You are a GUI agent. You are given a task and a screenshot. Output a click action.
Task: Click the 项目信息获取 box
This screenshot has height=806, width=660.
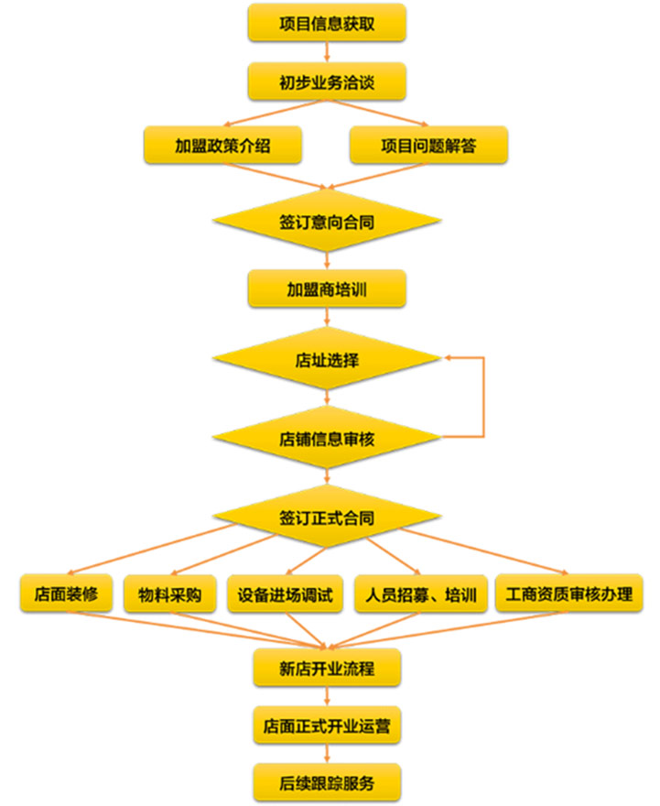pyautogui.click(x=327, y=23)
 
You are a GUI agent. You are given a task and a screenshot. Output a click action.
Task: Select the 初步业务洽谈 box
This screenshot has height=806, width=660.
pyautogui.click(x=327, y=83)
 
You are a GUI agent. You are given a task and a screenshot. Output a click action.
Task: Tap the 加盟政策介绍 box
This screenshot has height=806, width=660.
pyautogui.click(x=222, y=145)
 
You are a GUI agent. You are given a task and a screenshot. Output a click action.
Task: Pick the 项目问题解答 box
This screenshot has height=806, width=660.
pyautogui.click(x=428, y=145)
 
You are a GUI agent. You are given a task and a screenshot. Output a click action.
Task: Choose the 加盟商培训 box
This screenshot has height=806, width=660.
pyautogui.click(x=327, y=290)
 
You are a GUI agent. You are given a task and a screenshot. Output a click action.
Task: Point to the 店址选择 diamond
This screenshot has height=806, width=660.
pyautogui.click(x=327, y=360)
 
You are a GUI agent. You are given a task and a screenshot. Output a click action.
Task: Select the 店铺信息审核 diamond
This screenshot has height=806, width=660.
pyautogui.click(x=327, y=438)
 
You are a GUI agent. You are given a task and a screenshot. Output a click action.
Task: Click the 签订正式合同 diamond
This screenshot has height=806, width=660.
pyautogui.click(x=327, y=517)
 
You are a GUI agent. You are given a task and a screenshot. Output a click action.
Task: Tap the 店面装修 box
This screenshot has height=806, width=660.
pyautogui.click(x=66, y=594)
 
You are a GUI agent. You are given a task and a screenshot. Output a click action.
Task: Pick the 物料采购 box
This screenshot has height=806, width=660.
pyautogui.click(x=169, y=594)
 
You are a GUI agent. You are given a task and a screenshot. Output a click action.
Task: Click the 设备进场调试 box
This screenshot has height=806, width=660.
pyautogui.click(x=285, y=594)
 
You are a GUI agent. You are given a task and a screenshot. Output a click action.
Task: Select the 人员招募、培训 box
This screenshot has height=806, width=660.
pyautogui.click(x=419, y=594)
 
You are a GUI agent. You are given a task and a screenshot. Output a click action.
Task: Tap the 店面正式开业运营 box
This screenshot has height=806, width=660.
pyautogui.click(x=327, y=726)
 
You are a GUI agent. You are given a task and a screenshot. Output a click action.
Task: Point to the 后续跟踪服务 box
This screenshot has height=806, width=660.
pyautogui.click(x=327, y=783)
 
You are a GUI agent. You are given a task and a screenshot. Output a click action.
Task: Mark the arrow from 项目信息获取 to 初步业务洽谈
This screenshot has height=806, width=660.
pyautogui.click(x=327, y=53)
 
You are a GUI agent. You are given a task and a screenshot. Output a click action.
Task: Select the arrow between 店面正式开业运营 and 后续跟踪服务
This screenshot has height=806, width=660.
pyautogui.click(x=327, y=755)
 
